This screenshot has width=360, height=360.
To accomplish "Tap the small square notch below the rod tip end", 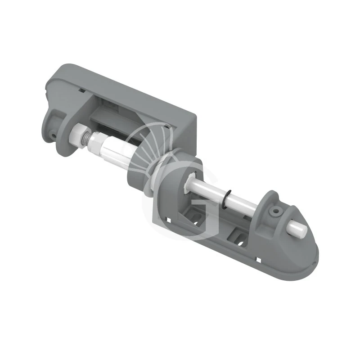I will (x=260, y=260).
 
